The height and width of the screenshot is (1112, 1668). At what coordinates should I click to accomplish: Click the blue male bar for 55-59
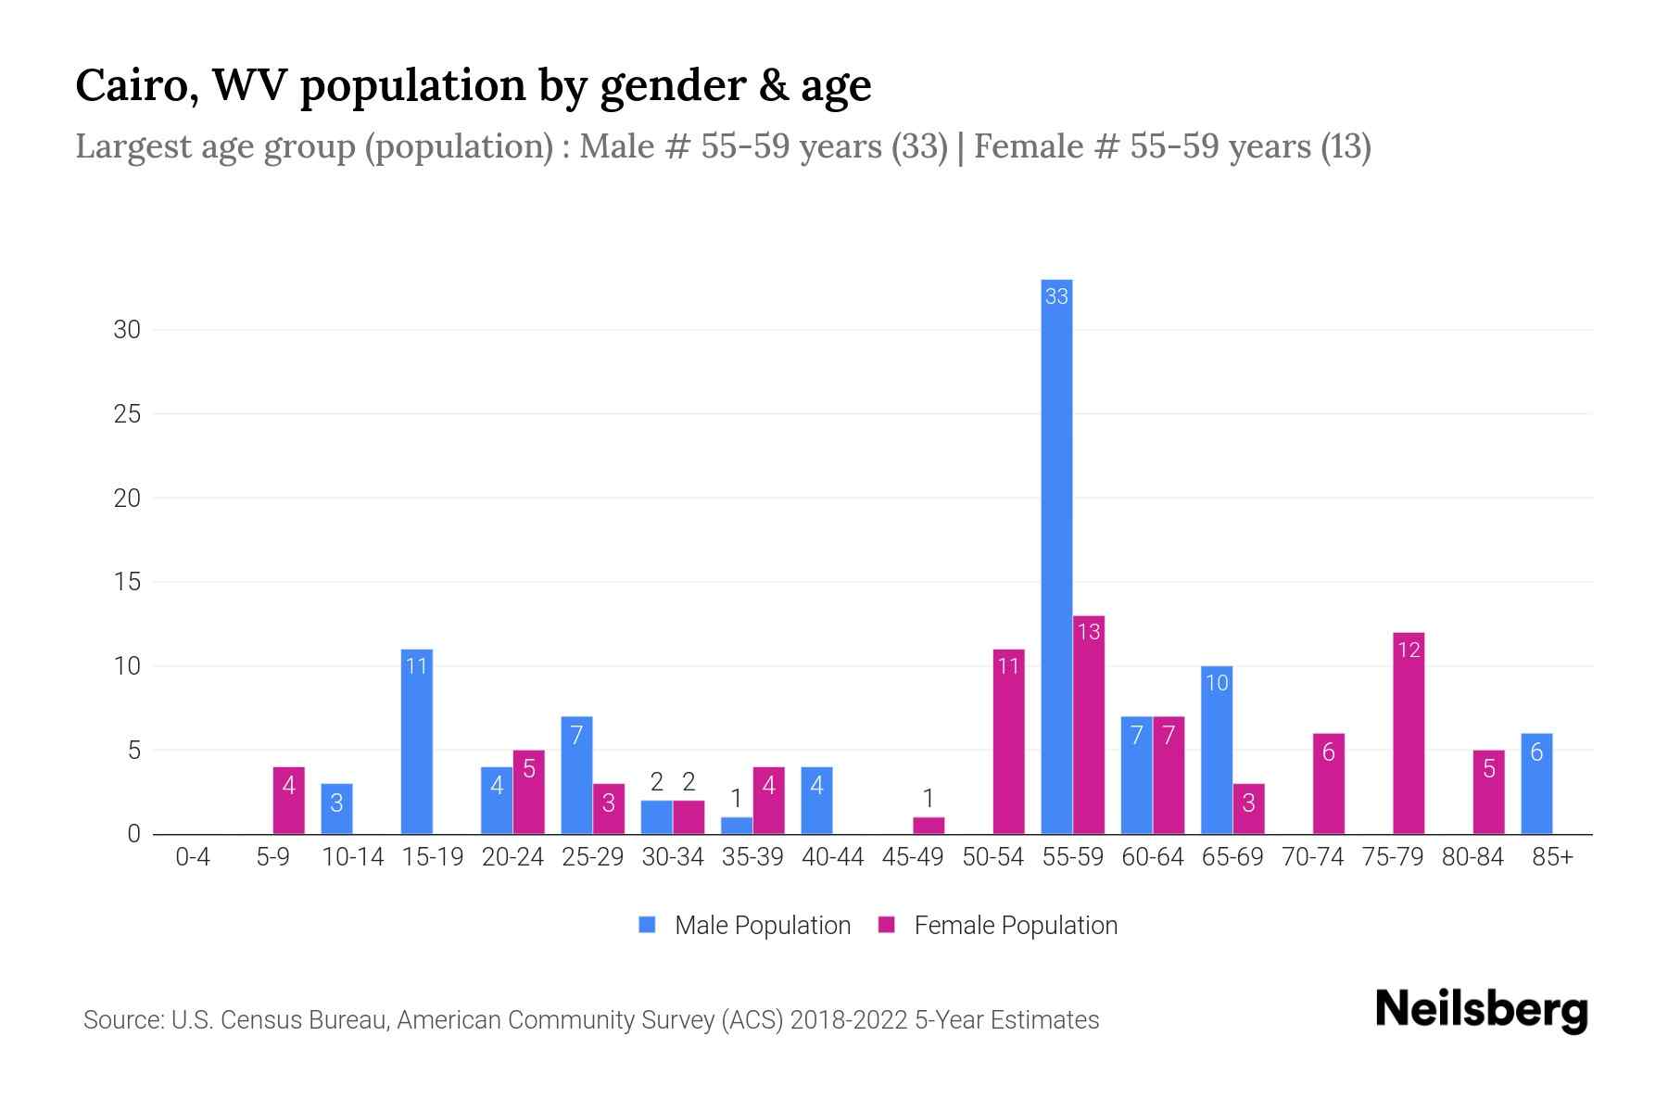pos(1056,556)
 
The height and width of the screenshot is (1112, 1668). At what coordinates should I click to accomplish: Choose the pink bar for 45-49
pos(929,826)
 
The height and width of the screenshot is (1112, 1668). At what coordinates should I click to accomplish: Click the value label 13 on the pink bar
pos(1089,632)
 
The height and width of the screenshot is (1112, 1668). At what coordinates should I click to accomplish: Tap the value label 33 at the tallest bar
pos(1056,297)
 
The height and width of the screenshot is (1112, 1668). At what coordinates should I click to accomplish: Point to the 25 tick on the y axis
pos(127,414)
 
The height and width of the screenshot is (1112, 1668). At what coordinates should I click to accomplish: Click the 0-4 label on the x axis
pos(193,857)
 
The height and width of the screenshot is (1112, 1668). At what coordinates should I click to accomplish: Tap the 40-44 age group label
pos(832,857)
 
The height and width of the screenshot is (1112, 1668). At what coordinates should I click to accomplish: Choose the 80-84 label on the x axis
pos(1472,857)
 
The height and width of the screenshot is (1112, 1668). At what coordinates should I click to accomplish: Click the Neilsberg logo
pos(1481,1010)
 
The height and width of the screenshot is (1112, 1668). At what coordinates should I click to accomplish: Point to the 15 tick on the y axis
pos(127,582)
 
